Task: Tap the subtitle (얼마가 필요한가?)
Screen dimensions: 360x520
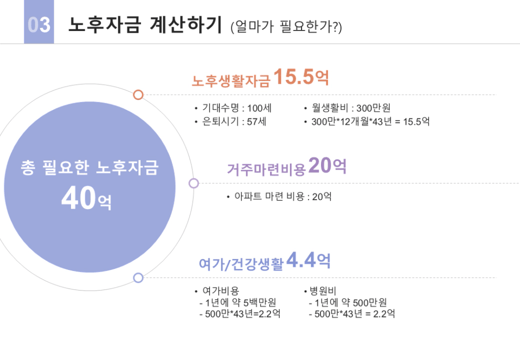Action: (x=286, y=26)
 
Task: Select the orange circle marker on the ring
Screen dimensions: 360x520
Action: (x=138, y=95)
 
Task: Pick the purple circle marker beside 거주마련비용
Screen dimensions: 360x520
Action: (x=194, y=183)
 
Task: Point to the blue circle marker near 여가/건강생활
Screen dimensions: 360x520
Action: (x=138, y=277)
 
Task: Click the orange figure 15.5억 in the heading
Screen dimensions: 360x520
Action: (x=301, y=77)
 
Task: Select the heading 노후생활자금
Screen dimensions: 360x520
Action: (x=231, y=81)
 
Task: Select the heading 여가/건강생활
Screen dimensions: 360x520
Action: (x=241, y=264)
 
